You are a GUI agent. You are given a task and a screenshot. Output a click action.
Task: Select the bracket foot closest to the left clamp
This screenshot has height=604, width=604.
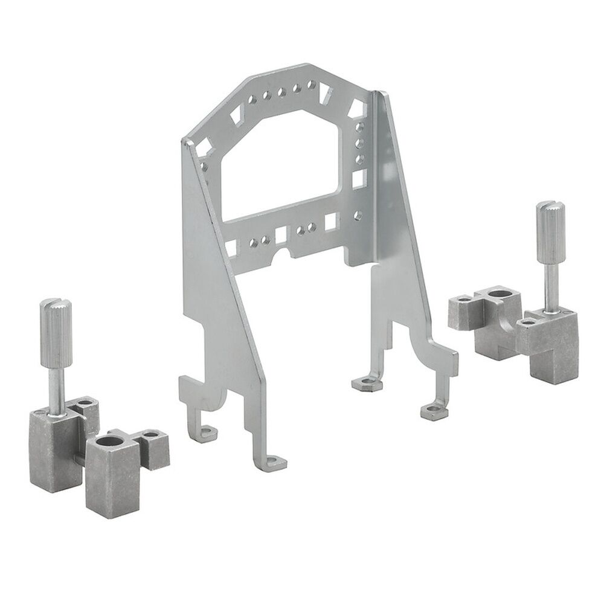coord(205,431)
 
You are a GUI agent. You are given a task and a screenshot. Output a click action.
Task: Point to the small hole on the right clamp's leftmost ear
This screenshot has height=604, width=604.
coord(463,298)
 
